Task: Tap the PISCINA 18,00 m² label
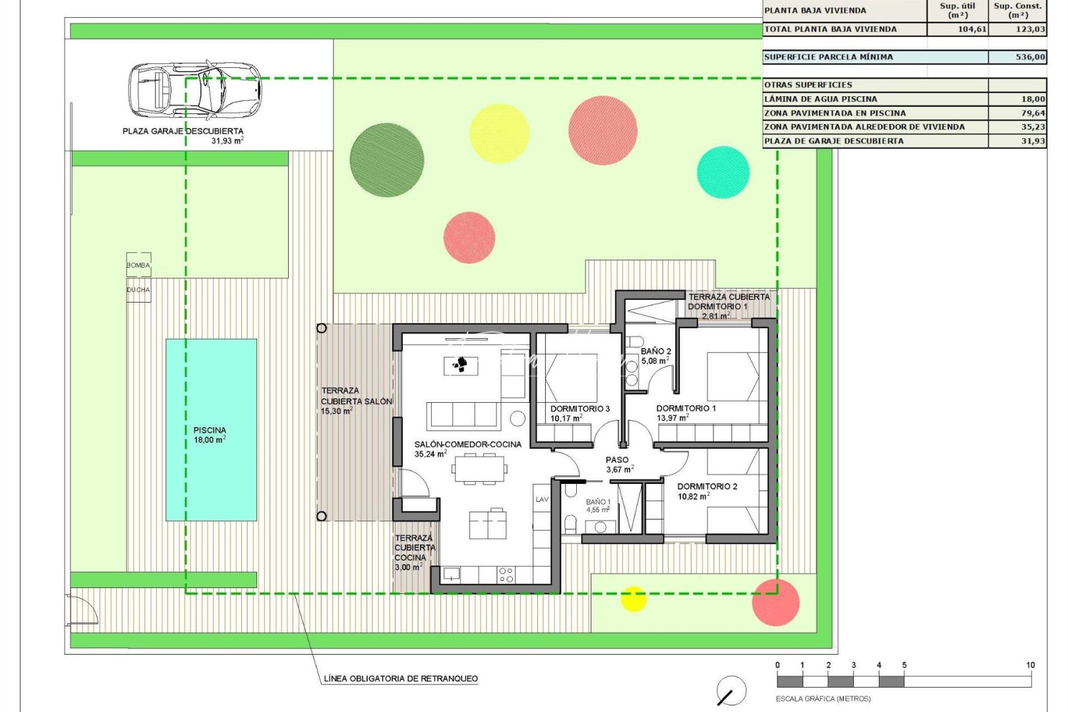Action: click(210, 435)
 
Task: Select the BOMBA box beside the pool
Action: click(138, 264)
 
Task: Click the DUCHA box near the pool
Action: click(138, 290)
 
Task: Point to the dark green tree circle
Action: click(387, 160)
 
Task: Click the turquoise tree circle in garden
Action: click(723, 172)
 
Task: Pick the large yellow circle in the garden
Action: click(499, 133)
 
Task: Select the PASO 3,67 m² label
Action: click(618, 464)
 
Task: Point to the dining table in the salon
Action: click(479, 469)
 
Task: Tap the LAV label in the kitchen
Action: click(542, 499)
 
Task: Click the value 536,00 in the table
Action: click(1030, 57)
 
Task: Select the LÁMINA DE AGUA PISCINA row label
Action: click(820, 99)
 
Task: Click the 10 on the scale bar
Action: click(1030, 665)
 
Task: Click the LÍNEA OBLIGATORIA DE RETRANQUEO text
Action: click(401, 678)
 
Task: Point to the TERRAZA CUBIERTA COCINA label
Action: click(414, 552)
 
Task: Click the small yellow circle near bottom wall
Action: click(634, 599)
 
